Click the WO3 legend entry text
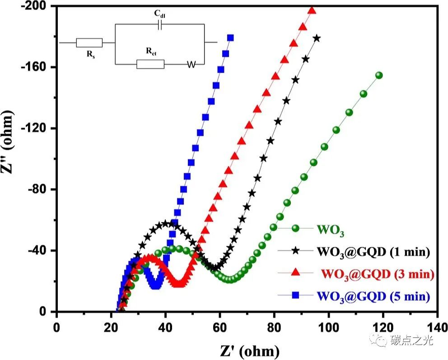point(331,233)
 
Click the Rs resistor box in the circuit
point(89,43)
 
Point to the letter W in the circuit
point(191,65)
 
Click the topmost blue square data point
point(230,38)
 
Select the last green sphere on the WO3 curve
point(379,75)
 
